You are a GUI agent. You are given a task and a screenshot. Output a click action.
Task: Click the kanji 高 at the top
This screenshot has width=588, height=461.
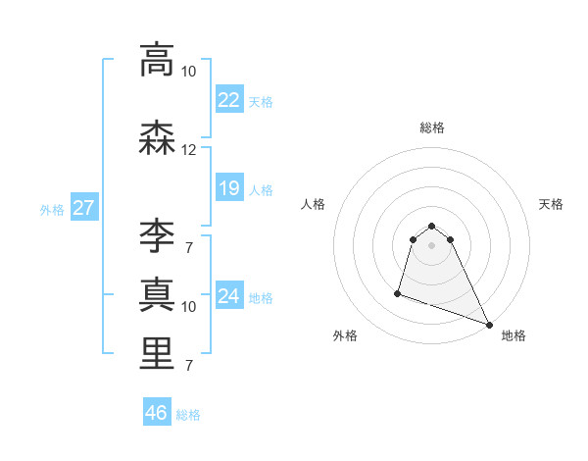click(158, 61)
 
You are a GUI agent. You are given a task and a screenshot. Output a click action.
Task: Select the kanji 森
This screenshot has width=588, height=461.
click(158, 138)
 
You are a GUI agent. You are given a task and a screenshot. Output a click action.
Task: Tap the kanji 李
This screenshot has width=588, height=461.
click(158, 234)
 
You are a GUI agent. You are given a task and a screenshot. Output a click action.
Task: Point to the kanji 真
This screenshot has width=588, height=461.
click(158, 293)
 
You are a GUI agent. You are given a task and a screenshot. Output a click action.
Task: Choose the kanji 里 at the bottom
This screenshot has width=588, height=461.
click(158, 352)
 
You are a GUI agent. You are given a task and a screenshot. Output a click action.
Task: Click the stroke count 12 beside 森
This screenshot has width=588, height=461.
click(188, 150)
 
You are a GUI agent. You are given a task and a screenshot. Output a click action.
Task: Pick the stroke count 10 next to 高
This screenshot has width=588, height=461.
click(188, 72)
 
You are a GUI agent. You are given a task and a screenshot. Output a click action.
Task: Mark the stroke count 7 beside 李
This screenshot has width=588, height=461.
click(188, 247)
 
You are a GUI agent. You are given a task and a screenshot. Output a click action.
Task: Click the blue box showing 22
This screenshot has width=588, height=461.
click(228, 99)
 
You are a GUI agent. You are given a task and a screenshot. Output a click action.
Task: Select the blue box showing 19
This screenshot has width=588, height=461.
click(228, 187)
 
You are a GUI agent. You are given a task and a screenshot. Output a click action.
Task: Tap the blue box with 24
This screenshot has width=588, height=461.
click(228, 295)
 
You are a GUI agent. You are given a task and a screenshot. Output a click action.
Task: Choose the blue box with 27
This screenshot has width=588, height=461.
click(83, 208)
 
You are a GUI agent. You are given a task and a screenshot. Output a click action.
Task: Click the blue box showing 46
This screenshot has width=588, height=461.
click(156, 413)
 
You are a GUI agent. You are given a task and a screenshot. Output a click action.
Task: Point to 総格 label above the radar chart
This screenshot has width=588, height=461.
click(432, 128)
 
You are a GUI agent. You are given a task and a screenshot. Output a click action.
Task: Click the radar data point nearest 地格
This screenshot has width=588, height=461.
click(489, 325)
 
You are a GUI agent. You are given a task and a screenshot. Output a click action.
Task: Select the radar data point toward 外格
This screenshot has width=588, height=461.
click(398, 292)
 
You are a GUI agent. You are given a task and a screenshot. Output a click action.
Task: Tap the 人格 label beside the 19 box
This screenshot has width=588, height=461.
click(261, 189)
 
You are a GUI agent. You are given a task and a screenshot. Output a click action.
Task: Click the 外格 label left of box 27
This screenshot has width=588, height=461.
click(52, 209)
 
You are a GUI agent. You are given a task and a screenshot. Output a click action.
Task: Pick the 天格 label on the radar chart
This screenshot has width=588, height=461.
click(552, 204)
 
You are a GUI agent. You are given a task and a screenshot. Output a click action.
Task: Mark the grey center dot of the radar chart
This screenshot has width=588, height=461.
click(432, 244)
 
